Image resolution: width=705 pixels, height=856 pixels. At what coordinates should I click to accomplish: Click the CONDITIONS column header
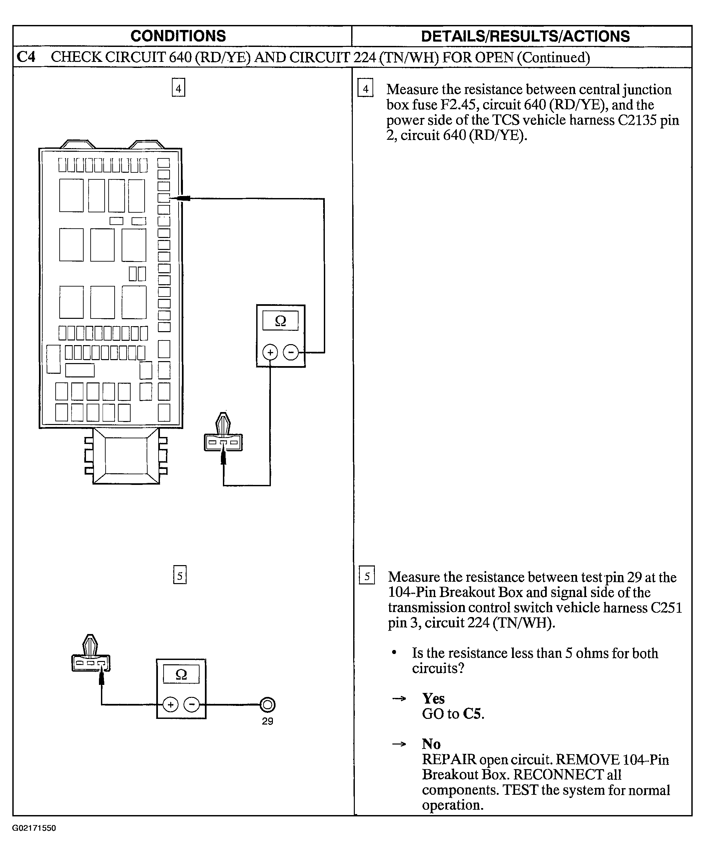pyautogui.click(x=178, y=36)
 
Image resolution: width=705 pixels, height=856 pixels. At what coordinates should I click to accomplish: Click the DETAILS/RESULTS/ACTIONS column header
pyautogui.click(x=525, y=36)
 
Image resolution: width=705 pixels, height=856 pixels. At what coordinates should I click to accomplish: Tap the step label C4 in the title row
pyautogui.click(x=26, y=57)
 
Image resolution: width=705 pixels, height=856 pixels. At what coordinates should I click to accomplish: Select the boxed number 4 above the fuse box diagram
pyautogui.click(x=178, y=88)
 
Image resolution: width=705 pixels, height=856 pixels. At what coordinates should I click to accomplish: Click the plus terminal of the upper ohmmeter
pyautogui.click(x=270, y=352)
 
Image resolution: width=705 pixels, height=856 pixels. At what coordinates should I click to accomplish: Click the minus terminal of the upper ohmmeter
pyautogui.click(x=291, y=352)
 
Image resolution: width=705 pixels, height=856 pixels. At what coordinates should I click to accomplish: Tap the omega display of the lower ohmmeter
pyautogui.click(x=181, y=674)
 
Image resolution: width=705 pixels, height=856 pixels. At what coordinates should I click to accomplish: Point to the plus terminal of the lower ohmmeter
pyautogui.click(x=171, y=705)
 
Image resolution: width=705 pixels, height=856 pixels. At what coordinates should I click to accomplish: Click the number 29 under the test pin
pyautogui.click(x=267, y=721)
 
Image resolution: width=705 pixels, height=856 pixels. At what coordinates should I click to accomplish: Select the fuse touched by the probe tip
pyautogui.click(x=164, y=198)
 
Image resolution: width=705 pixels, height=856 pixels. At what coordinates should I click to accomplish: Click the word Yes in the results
pyautogui.click(x=433, y=698)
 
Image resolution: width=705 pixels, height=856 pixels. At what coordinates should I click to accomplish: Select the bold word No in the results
pyautogui.click(x=431, y=744)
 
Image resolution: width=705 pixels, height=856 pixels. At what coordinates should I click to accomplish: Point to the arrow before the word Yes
pyautogui.click(x=399, y=699)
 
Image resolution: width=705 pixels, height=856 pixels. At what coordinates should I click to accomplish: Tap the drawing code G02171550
pyautogui.click(x=34, y=828)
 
